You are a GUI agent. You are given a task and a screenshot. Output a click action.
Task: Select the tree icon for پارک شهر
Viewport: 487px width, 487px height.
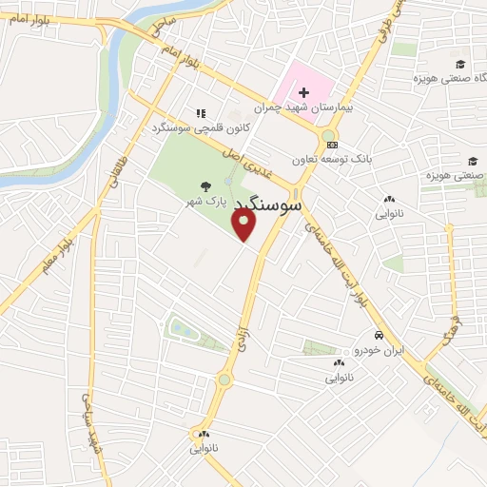[x=205, y=188]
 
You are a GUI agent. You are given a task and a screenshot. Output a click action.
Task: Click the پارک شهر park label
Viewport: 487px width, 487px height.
[x=205, y=202]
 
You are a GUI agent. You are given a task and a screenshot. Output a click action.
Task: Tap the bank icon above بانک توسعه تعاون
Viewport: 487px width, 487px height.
[x=331, y=145]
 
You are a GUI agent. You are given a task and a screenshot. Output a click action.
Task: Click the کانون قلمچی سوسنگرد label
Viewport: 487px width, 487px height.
[x=187, y=127]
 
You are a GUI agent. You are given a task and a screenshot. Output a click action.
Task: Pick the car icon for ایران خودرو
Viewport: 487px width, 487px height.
[x=380, y=336]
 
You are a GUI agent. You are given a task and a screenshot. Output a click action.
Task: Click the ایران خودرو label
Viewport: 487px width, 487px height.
[x=380, y=350]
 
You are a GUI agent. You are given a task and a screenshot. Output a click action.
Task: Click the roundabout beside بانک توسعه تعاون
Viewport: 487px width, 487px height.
[x=329, y=134]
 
